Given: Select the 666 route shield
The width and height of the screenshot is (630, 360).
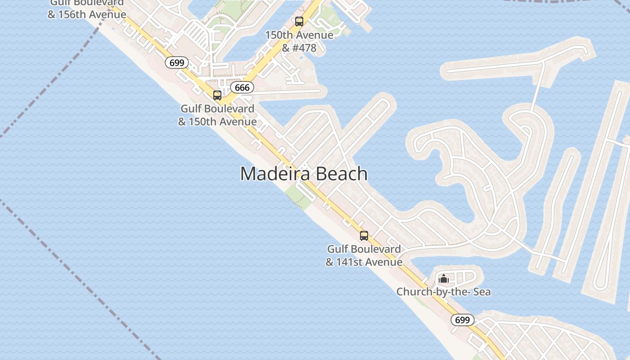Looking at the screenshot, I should click(x=242, y=87).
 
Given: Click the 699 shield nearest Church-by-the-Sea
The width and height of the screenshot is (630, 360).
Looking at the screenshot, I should click(x=462, y=320).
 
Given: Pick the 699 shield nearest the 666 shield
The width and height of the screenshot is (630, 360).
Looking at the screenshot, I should click(x=177, y=63).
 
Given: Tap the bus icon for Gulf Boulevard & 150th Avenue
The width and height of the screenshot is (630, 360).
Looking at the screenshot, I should click(x=217, y=95).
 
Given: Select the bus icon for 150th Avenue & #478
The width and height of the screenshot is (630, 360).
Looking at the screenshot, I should click(x=299, y=21).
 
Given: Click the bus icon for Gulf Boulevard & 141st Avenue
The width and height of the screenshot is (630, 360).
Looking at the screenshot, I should click(x=364, y=236).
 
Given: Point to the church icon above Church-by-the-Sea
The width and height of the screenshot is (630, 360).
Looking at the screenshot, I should click(x=444, y=279).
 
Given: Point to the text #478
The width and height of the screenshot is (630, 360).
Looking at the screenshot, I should click(x=305, y=48).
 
